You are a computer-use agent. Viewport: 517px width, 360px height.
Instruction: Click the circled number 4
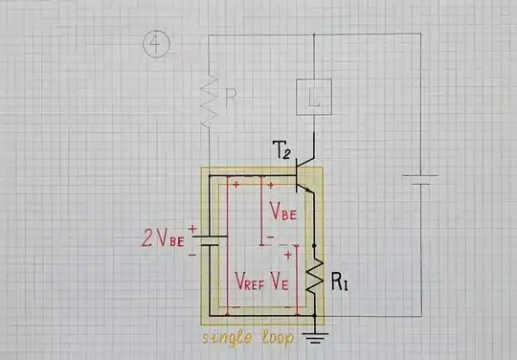coord(155,43)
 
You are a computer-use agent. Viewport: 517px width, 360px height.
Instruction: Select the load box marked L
coord(314,94)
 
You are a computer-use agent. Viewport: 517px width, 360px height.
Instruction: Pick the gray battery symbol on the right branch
coord(418,180)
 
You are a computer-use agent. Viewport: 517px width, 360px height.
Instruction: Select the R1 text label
coord(341,283)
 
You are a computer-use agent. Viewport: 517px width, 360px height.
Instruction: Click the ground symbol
coord(314,335)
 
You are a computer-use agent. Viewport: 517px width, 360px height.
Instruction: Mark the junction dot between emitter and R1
coord(314,245)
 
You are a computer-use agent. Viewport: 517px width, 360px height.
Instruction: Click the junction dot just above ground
coord(314,314)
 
